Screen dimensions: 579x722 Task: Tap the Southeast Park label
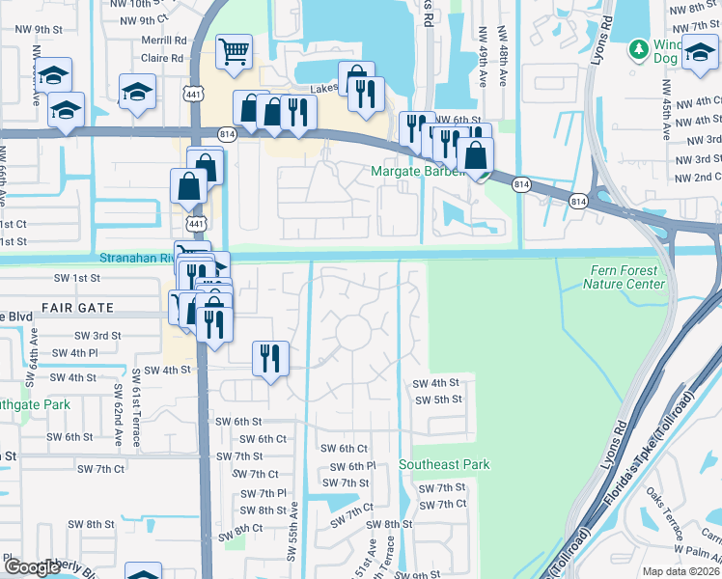click(x=445, y=464)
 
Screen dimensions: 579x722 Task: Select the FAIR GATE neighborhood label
click(x=77, y=308)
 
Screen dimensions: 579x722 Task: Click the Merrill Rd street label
click(x=163, y=41)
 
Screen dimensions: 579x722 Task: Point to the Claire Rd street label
click(x=162, y=58)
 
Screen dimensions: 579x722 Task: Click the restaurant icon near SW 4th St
click(x=270, y=359)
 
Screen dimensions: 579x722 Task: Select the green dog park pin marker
click(x=637, y=48)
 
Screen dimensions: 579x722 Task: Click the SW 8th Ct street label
click(x=239, y=529)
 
